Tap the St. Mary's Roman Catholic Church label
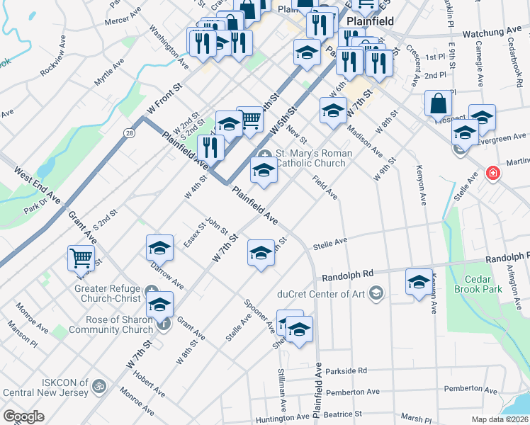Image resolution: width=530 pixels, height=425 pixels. (310, 158)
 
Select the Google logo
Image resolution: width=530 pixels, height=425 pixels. (23, 416)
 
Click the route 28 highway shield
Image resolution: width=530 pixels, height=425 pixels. (129, 133)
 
